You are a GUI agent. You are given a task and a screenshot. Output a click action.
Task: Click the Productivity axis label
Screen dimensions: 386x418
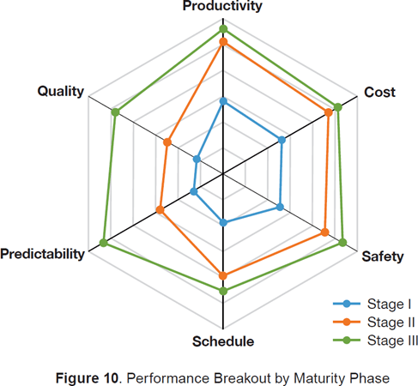click(222, 6)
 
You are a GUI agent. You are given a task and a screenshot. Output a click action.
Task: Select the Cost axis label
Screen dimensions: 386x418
click(380, 92)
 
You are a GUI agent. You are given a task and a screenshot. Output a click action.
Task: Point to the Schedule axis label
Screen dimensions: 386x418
click(223, 341)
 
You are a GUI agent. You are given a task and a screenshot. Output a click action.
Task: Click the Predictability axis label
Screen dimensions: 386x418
click(43, 254)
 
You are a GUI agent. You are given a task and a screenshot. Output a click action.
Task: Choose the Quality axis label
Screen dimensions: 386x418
click(60, 92)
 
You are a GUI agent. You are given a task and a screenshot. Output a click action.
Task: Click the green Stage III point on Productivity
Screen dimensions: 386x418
click(223, 29)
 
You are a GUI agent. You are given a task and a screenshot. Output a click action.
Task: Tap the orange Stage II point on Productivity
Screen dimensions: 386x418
click(223, 41)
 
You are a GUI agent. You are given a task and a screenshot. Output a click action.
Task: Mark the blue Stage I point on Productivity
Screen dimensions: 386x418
click(223, 101)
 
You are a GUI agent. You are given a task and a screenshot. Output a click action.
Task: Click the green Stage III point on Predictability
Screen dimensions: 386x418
click(104, 243)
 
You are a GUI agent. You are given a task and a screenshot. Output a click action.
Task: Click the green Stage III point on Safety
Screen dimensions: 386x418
click(342, 243)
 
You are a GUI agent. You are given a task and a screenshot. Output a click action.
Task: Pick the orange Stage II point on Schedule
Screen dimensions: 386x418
click(223, 275)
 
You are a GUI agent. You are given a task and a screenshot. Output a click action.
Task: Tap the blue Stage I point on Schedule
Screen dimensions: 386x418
click(223, 223)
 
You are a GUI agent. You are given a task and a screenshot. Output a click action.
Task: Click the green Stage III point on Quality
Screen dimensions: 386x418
click(114, 112)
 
